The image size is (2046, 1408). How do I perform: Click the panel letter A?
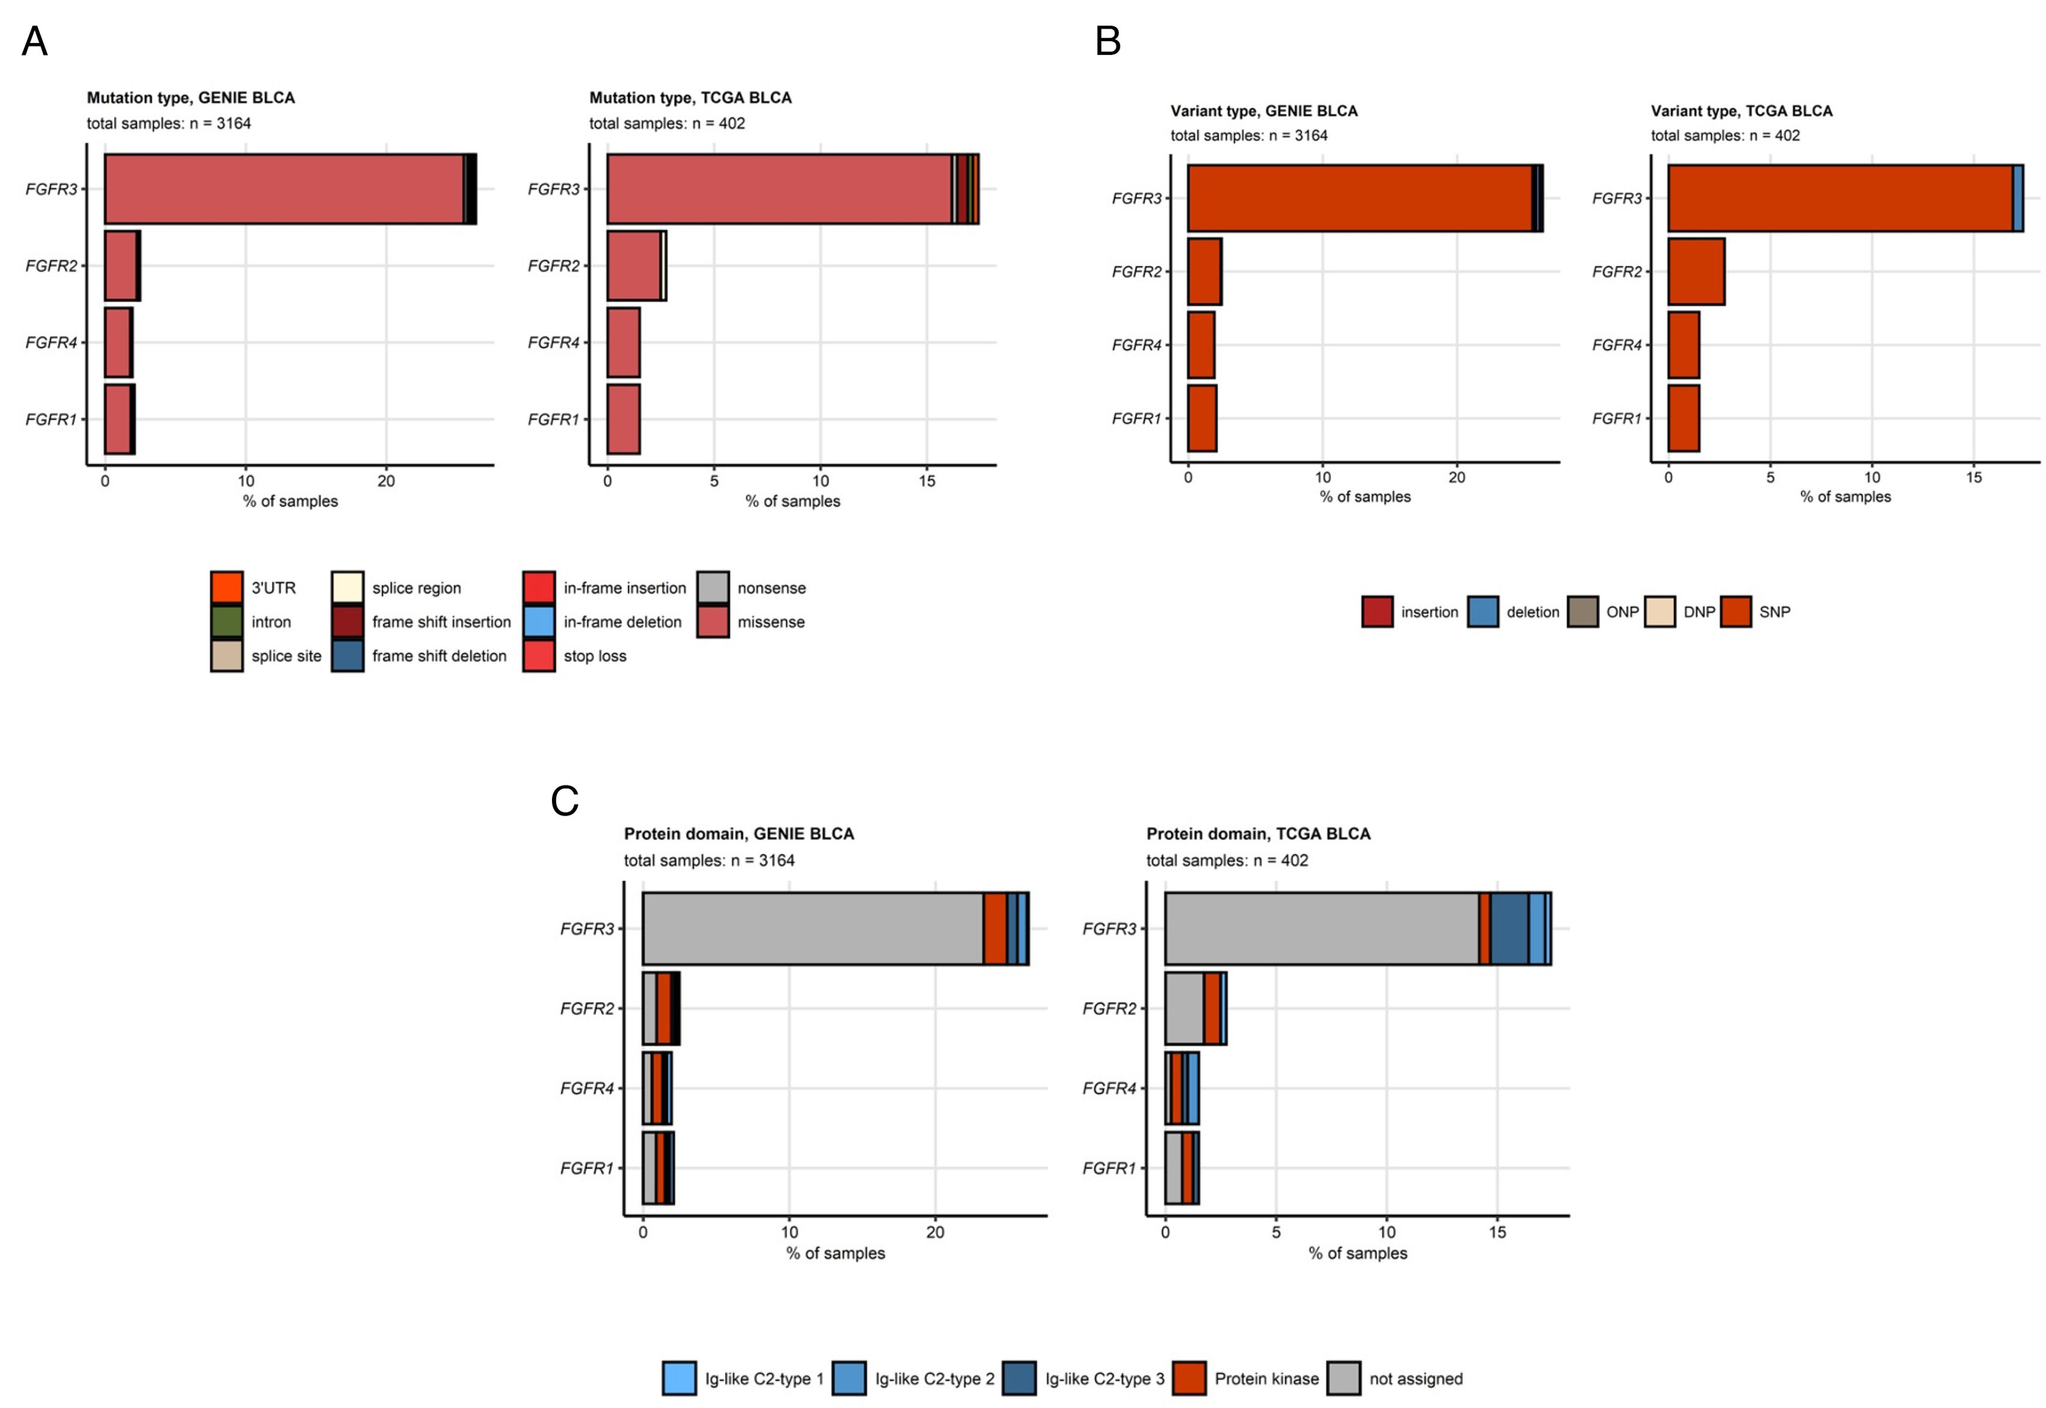click(34, 41)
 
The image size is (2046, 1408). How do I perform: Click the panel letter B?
click(1108, 41)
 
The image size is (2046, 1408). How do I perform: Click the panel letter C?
click(564, 801)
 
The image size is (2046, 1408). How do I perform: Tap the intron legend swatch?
click(227, 621)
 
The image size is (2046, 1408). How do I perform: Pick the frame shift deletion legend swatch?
click(348, 655)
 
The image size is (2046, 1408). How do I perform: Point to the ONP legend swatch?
click(1583, 612)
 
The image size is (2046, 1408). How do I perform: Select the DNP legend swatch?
click(1659, 612)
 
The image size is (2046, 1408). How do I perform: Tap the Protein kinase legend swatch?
click(1189, 1378)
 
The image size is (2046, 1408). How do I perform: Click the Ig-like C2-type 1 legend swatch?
click(679, 1378)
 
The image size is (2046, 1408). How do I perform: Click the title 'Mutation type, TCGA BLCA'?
click(690, 98)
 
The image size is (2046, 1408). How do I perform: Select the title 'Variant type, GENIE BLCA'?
click(1264, 111)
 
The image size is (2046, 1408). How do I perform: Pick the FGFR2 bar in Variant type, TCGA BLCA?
click(1696, 272)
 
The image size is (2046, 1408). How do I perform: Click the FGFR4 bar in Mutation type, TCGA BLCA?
click(623, 342)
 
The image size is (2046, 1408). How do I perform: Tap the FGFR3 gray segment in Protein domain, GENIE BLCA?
click(812, 928)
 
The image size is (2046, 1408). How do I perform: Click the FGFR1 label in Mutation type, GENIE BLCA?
click(51, 419)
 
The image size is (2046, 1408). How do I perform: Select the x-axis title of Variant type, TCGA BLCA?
click(1845, 497)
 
